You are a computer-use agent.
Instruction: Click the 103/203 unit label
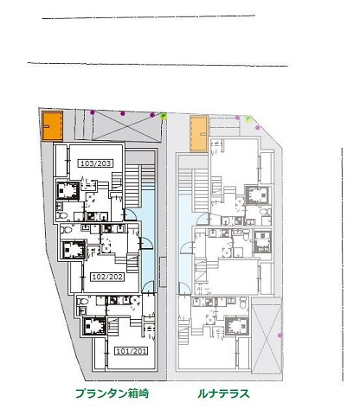point(95,163)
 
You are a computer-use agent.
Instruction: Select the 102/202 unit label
point(107,277)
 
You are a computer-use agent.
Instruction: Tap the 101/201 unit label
point(132,351)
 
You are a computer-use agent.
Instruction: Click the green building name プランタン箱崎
point(112,393)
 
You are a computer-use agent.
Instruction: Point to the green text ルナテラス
point(223,393)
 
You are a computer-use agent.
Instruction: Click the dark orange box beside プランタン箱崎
point(53,126)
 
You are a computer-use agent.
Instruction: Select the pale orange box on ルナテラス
point(199,133)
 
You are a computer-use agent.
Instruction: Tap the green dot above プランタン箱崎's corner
point(164,116)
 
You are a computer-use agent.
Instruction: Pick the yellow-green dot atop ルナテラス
point(248,119)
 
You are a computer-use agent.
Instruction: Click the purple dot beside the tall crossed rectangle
point(280,335)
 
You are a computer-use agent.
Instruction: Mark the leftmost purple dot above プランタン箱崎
point(93,112)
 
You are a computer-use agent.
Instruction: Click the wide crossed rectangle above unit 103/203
point(127,126)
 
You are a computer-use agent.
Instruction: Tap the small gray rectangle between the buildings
point(163,271)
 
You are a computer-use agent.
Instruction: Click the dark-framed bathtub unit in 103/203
point(67,190)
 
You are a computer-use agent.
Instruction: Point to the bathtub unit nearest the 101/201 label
point(94,326)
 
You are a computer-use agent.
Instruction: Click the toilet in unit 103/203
point(61,215)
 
